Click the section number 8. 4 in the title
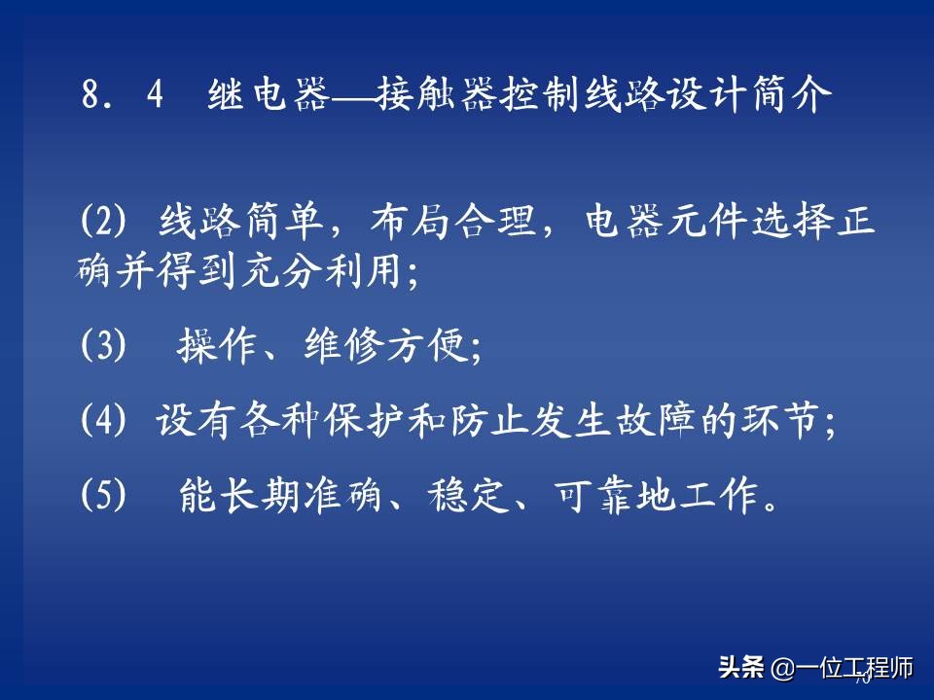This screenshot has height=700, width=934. (122, 98)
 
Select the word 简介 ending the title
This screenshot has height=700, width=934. (802, 98)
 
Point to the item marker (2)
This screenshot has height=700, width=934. (103, 225)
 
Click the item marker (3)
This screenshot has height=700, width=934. (103, 346)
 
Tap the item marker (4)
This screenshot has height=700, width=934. (103, 422)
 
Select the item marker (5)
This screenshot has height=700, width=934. (103, 497)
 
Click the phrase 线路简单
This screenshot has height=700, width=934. (239, 225)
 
